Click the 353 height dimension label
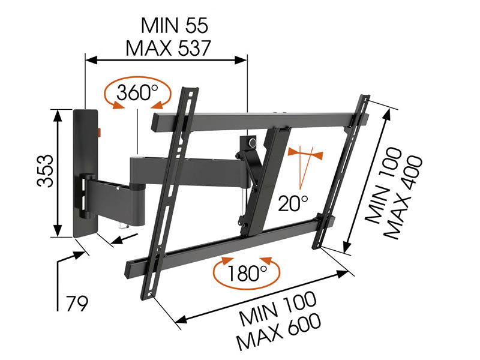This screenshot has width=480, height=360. pyautogui.click(x=46, y=170)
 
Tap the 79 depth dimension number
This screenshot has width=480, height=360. pyautogui.click(x=77, y=303)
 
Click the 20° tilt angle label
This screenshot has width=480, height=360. pyautogui.click(x=293, y=203)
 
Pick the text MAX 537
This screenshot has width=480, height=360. pyautogui.click(x=169, y=48)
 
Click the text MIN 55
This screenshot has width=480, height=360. pyautogui.click(x=175, y=25)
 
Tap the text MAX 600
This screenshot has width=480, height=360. pyautogui.click(x=279, y=332)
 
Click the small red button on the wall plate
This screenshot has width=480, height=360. pyautogui.click(x=100, y=133)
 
